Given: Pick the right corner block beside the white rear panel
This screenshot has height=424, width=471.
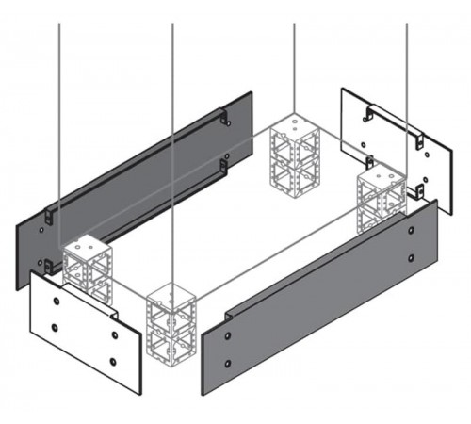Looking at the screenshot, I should (381, 200).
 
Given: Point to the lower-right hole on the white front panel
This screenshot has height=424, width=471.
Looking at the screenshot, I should (115, 362).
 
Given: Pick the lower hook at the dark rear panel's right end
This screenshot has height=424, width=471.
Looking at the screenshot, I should (222, 167).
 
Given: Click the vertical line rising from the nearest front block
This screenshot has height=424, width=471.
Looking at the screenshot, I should (172, 141).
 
